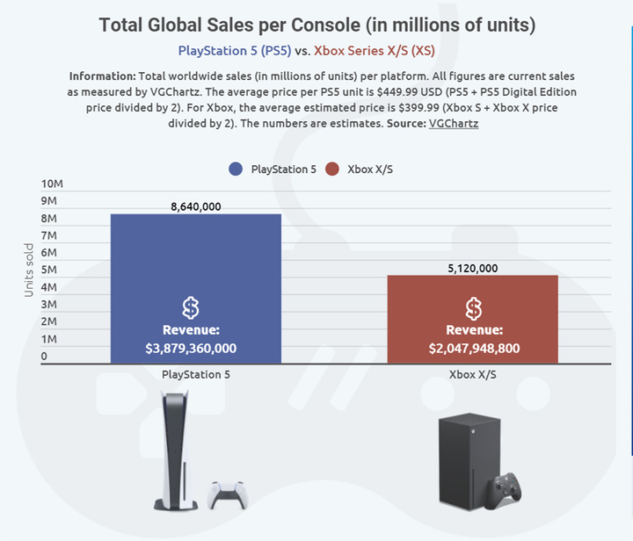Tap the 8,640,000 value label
(x=195, y=206)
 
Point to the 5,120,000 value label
(x=473, y=268)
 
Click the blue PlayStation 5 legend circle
(x=235, y=169)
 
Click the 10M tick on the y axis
(x=53, y=184)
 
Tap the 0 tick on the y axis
(x=45, y=357)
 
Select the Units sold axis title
(x=29, y=270)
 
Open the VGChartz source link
(x=454, y=124)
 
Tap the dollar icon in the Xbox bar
(x=474, y=308)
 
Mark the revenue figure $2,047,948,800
(x=474, y=349)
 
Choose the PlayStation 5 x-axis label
(x=195, y=374)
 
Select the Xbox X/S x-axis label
(x=474, y=374)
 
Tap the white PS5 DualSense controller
(x=226, y=494)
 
